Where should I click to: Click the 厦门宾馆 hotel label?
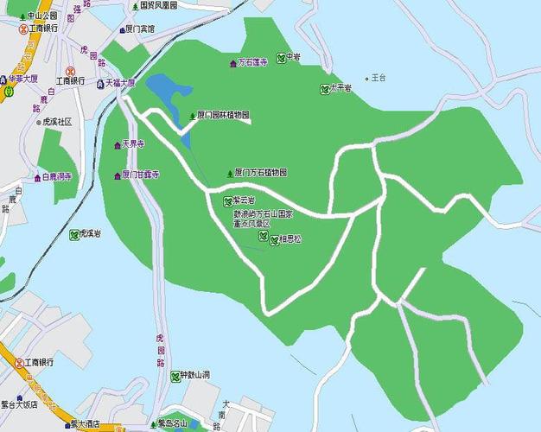pyautogui.click(x=140, y=29)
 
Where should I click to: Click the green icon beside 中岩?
pyautogui.click(x=281, y=57)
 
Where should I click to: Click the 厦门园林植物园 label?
pyautogui.click(x=223, y=115)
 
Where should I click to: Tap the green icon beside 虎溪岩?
pyautogui.click(x=74, y=233)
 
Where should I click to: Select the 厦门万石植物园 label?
pyautogui.click(x=262, y=173)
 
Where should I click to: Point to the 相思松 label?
pyautogui.click(x=290, y=239)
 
